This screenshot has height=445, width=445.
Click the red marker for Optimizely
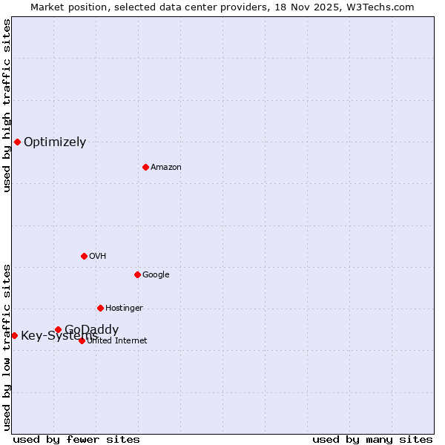click(x=17, y=142)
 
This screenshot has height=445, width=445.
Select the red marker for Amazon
click(x=145, y=167)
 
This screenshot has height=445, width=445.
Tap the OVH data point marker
click(x=84, y=256)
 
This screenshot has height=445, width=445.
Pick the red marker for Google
click(x=137, y=274)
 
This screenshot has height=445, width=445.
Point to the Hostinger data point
click(x=100, y=308)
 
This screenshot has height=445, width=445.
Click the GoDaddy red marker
click(x=58, y=329)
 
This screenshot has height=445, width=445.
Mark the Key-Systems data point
click(x=14, y=335)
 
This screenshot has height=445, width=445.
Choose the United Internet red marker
click(x=82, y=340)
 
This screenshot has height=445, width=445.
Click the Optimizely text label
click(x=55, y=142)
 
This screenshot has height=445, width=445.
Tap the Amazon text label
click(x=166, y=168)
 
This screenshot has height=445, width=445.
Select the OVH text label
click(x=98, y=257)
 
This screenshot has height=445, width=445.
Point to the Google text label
click(x=156, y=275)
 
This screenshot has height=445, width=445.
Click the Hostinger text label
click(x=124, y=309)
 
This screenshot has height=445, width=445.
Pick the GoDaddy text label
click(x=91, y=329)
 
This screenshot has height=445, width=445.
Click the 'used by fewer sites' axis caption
click(x=76, y=439)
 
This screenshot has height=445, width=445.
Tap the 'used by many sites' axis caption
click(x=372, y=439)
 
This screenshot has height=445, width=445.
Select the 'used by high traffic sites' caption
click(x=7, y=105)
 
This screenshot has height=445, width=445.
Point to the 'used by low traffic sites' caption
click(x=7, y=346)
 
